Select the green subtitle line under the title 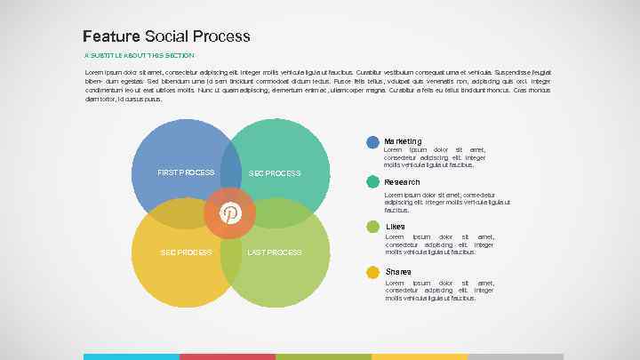point(137,55)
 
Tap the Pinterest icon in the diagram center point(230,212)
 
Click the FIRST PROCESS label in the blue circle point(185,172)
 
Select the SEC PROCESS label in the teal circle point(275,172)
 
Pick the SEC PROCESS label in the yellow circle point(186,252)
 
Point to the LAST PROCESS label point(275,252)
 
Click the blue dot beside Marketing point(373,142)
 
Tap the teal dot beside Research point(373,182)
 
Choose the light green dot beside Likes point(373,227)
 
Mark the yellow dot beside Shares point(373,271)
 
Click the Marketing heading point(403,141)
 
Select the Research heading point(402,182)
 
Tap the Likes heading point(395,227)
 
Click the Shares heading point(398,271)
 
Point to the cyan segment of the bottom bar point(132,356)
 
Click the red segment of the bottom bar point(228,356)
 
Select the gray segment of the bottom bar point(516,356)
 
